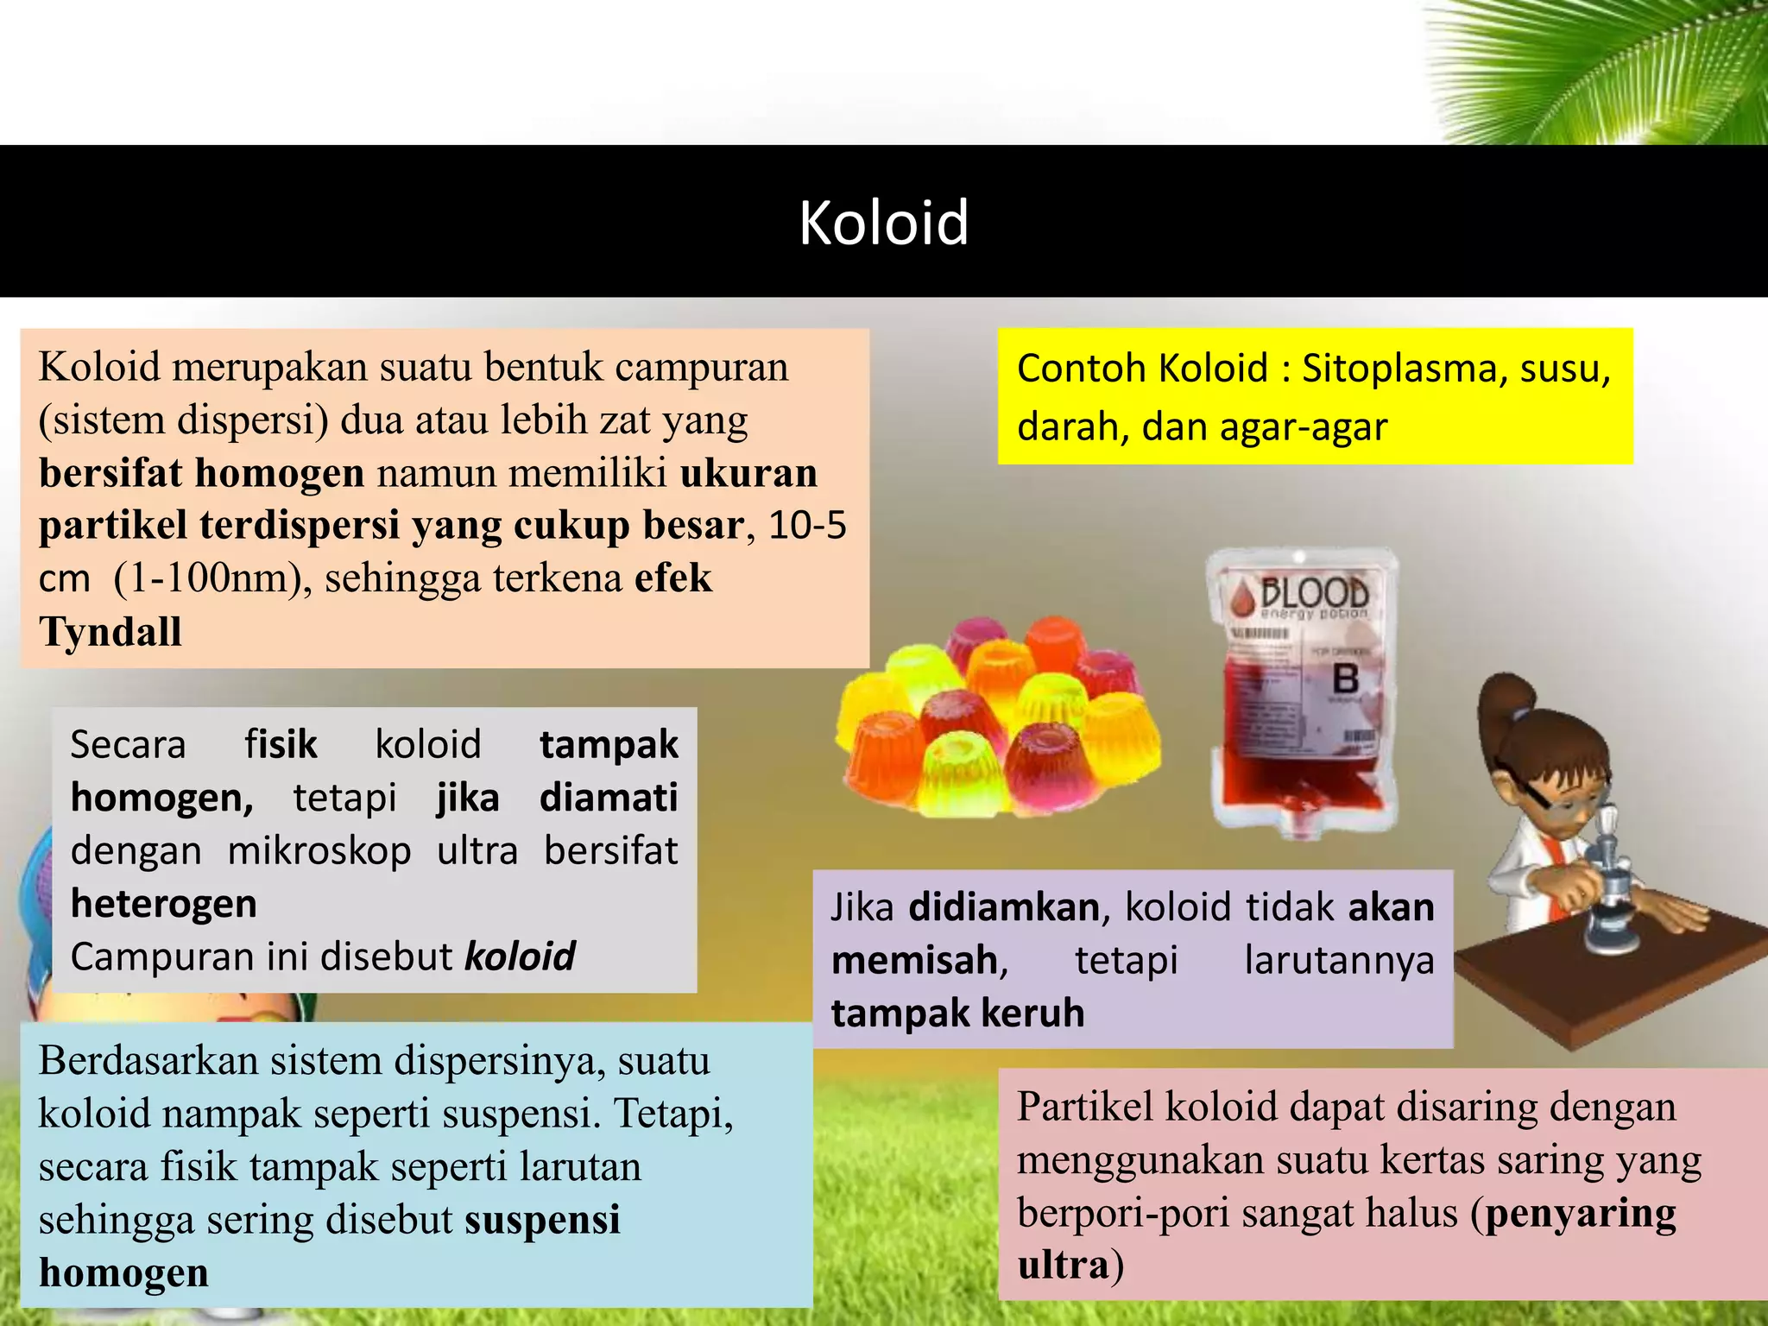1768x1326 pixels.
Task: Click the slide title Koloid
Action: coord(883,223)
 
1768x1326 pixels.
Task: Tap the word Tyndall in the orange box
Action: coord(110,632)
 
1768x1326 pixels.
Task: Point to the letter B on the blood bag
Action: coord(1346,679)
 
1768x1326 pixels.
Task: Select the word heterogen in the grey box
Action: coord(164,904)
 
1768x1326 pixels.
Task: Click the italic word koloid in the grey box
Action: coord(520,957)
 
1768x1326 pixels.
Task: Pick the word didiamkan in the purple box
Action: coord(1004,907)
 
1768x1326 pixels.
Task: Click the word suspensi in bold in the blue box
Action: coord(542,1220)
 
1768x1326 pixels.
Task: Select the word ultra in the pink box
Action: coord(1064,1266)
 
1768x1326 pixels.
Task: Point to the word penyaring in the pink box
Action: coord(1581,1213)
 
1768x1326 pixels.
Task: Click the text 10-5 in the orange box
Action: coord(807,526)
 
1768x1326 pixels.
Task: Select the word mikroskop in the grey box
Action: coord(319,851)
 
